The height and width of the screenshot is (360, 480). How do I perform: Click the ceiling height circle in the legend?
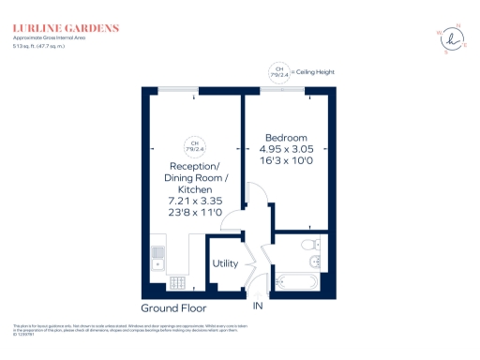[x=279, y=70]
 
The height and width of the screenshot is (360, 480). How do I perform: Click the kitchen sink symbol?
[x=157, y=254]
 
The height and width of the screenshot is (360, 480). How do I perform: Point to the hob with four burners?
[x=176, y=283]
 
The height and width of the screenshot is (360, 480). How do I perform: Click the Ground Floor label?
[x=173, y=307]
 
